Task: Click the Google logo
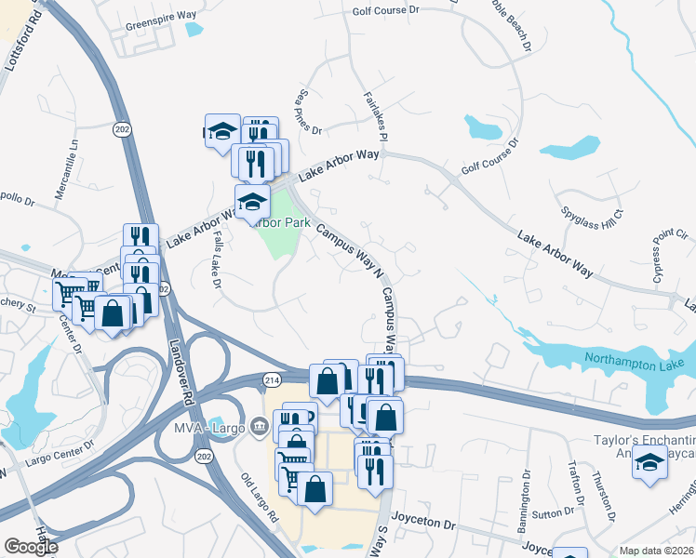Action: click(x=32, y=547)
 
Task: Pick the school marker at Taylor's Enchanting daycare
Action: click(x=649, y=463)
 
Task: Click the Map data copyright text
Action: click(x=657, y=551)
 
